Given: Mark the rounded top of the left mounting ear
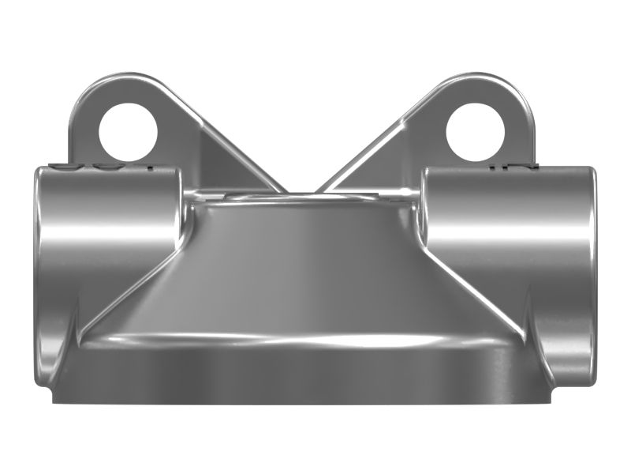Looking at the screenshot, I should (x=118, y=81).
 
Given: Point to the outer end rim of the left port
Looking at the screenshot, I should (x=39, y=269).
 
